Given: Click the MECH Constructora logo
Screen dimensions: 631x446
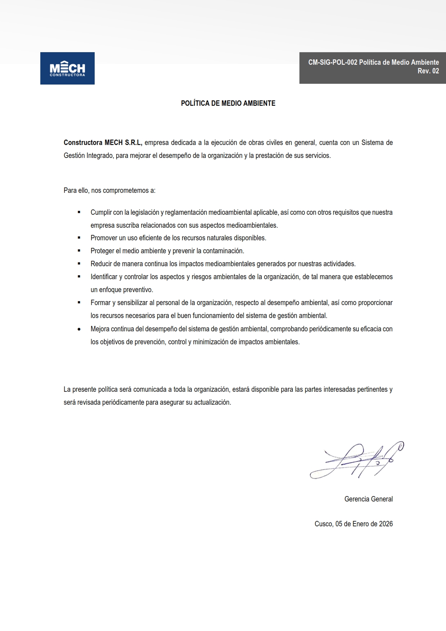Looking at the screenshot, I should coord(67,68).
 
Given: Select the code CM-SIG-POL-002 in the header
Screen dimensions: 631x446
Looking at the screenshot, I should coord(333,62).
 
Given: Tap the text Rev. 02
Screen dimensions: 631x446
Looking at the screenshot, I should coord(428,71).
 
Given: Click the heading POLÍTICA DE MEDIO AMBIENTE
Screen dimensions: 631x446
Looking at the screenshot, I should coord(228,103).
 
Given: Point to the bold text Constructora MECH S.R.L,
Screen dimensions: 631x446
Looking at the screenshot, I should coord(103,142).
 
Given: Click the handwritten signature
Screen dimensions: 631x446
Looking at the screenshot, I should coord(356,461).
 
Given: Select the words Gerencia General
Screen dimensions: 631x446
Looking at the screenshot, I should coord(368,499).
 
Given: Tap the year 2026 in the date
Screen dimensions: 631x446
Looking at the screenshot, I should coord(386,524).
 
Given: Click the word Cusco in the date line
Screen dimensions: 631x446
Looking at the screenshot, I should coord(323,524).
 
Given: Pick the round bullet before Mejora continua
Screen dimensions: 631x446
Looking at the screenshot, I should coord(79,329).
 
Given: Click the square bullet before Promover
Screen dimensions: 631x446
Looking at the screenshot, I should coord(79,238).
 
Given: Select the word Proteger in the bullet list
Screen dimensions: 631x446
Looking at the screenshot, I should coord(102,251).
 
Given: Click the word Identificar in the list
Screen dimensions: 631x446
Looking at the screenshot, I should coord(104,277).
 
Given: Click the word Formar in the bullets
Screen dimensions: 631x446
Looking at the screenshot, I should coord(100,303).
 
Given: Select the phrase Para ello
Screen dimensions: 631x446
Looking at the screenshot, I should coord(76,190).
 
